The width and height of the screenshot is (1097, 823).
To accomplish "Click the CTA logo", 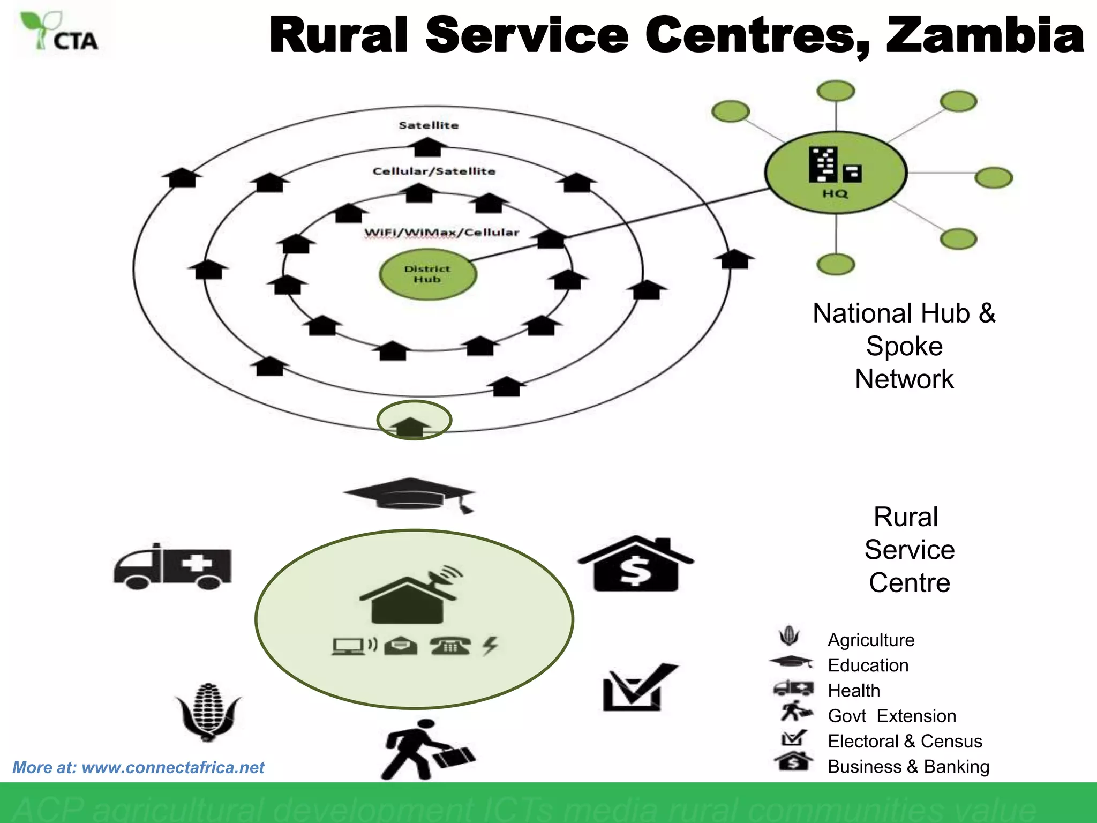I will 60,32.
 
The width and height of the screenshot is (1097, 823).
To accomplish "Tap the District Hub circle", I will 427,274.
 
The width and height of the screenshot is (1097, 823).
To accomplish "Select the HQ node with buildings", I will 835,173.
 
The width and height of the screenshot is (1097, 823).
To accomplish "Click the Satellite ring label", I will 429,125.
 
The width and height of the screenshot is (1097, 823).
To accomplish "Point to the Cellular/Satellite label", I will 434,171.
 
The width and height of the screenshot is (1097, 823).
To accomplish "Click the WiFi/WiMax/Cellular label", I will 441,233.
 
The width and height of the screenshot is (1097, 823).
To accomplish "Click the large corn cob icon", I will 208,712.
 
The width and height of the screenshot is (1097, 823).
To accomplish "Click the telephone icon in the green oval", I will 450,646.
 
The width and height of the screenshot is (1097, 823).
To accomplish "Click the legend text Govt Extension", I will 892,716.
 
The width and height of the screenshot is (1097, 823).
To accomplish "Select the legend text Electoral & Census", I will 905,741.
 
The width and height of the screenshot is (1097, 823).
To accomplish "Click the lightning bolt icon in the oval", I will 490,646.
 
